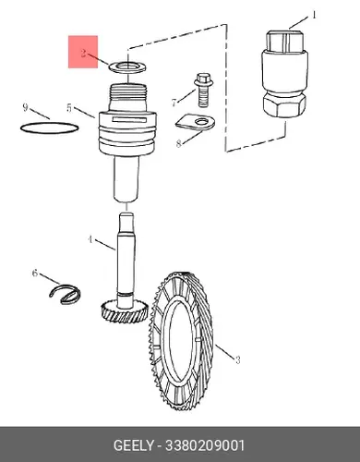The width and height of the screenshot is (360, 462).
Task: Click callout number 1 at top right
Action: pyautogui.click(x=314, y=15)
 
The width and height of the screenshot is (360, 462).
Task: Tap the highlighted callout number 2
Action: pyautogui.click(x=83, y=53)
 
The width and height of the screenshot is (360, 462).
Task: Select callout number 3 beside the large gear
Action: pyautogui.click(x=237, y=359)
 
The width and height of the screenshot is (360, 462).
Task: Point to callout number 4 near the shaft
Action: pyautogui.click(x=90, y=239)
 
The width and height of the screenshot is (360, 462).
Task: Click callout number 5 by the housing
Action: pyautogui.click(x=69, y=108)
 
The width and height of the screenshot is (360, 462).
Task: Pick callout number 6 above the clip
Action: pyautogui.click(x=35, y=273)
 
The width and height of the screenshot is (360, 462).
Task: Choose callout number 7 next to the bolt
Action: pyautogui.click(x=174, y=102)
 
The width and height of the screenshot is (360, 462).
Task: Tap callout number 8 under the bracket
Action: pyautogui.click(x=178, y=143)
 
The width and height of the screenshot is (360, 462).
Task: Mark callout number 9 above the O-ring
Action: pyautogui.click(x=26, y=107)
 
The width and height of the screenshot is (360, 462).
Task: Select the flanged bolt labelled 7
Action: pyautogui.click(x=202, y=90)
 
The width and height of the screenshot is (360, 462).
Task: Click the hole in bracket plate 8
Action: pyautogui.click(x=201, y=121)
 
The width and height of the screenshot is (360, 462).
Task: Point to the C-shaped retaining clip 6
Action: pyautogui.click(x=66, y=295)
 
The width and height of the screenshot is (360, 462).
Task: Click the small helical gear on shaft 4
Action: pyautogui.click(x=124, y=312)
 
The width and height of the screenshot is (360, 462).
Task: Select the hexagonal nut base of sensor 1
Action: pyautogui.click(x=284, y=104)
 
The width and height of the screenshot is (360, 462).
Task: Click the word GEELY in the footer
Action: pyautogui.click(x=133, y=445)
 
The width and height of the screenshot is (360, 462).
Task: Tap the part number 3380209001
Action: pyautogui.click(x=205, y=445)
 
